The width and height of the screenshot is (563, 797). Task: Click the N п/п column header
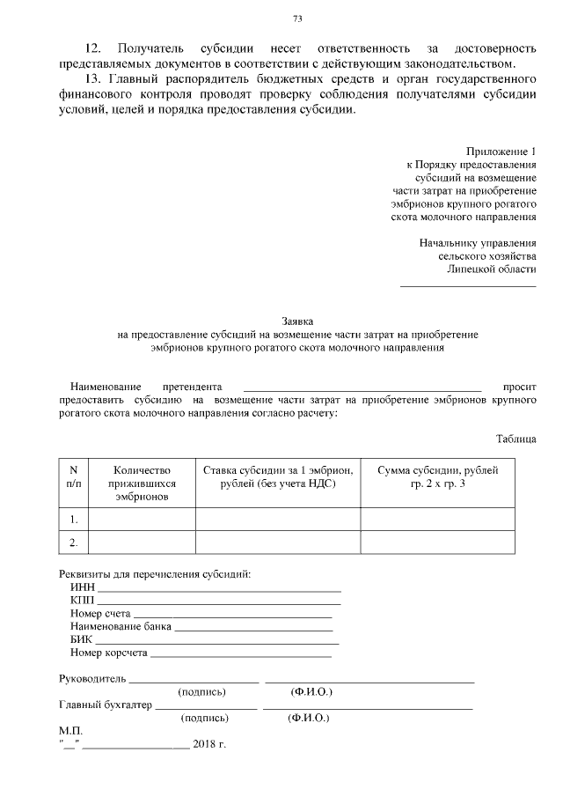click(x=74, y=476)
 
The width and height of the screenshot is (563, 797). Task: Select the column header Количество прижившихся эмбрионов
click(x=142, y=483)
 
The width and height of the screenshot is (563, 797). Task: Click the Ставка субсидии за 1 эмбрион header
click(x=277, y=476)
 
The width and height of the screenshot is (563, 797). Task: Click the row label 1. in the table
click(x=74, y=520)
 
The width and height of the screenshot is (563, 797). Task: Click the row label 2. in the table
click(x=74, y=542)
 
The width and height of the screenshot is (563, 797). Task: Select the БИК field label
click(x=81, y=638)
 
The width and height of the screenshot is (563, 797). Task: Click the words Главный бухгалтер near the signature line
click(x=105, y=705)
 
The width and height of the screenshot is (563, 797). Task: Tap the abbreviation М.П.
click(x=69, y=731)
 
